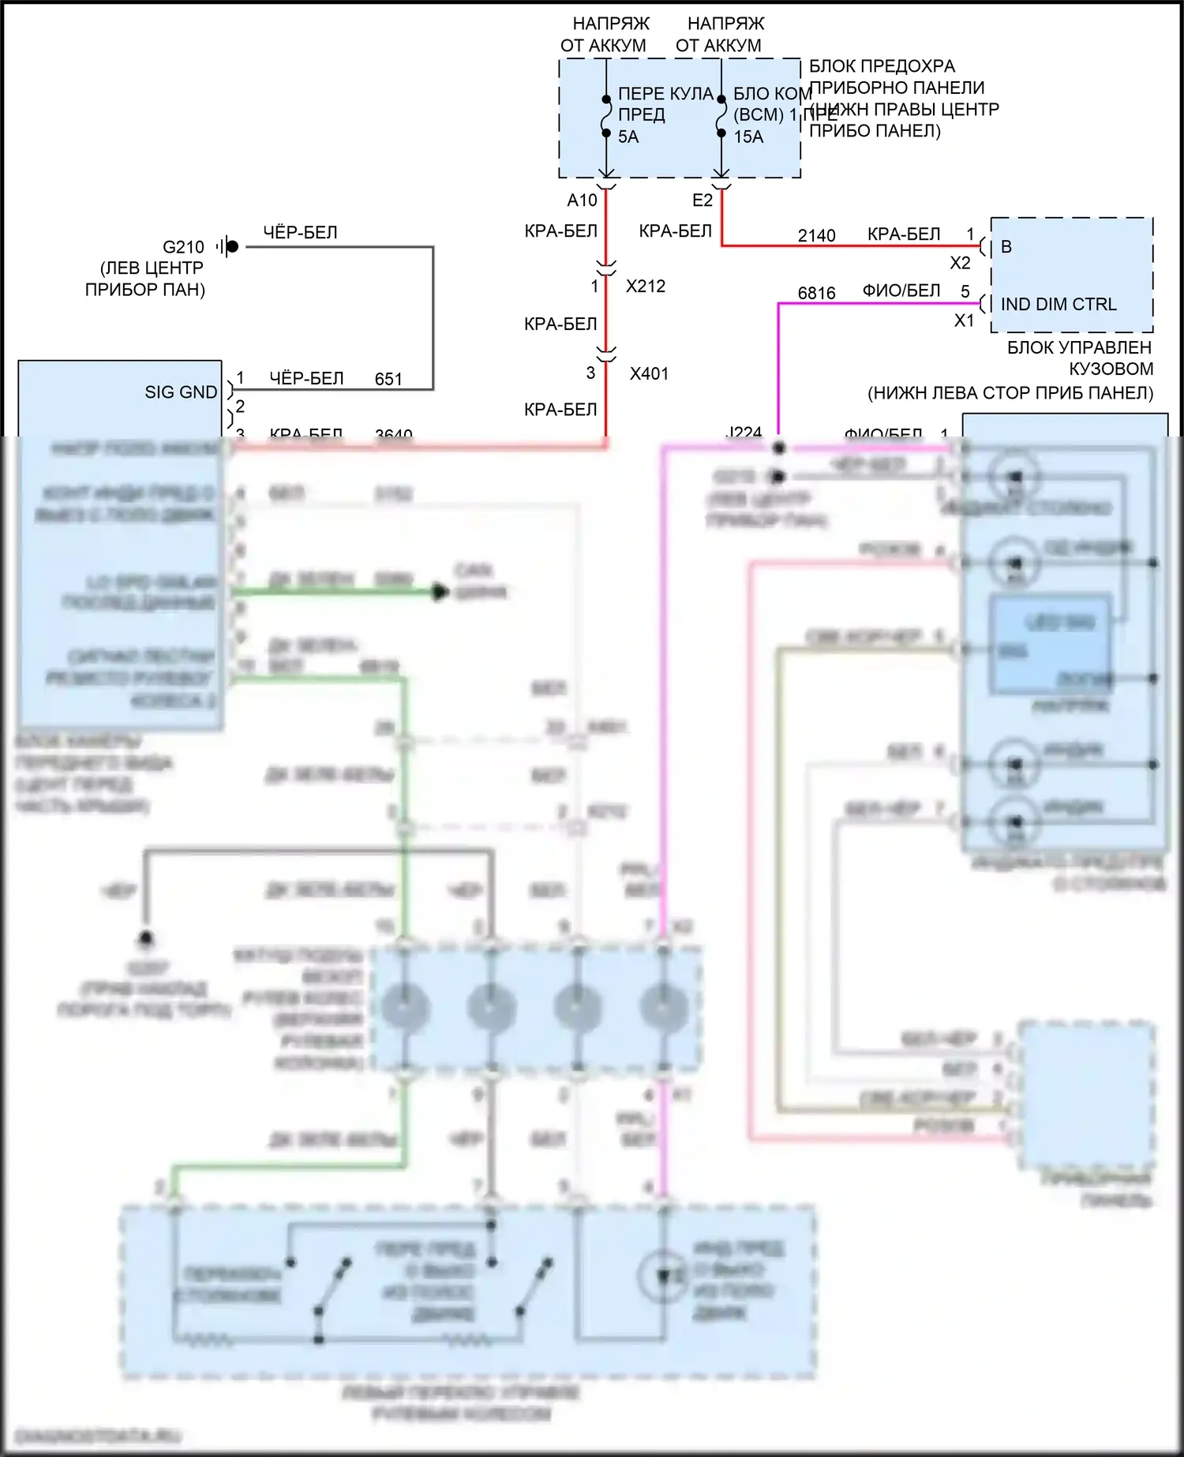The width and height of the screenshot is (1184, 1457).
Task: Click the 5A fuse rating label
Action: [x=628, y=137]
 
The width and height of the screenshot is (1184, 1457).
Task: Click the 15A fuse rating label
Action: [x=748, y=137]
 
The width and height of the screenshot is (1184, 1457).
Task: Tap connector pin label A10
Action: [x=582, y=200]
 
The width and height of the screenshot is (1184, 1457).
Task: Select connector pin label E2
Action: [x=702, y=200]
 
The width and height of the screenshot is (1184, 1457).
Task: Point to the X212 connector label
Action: [x=646, y=287]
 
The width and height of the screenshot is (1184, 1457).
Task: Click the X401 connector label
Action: [x=649, y=374]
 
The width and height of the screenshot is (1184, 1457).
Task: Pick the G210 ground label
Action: [x=183, y=247]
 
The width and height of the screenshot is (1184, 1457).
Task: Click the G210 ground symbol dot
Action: [x=232, y=246]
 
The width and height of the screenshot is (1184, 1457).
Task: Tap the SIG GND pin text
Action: [x=181, y=392]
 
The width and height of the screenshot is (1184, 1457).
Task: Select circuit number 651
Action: [x=388, y=380]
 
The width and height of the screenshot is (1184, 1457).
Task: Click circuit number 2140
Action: [x=816, y=236]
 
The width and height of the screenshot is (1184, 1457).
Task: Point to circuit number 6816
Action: [x=816, y=294]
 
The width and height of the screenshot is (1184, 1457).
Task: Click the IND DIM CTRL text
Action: [x=1058, y=305]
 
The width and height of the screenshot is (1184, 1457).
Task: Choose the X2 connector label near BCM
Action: [x=960, y=263]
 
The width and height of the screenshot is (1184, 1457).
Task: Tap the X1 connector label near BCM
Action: [x=964, y=320]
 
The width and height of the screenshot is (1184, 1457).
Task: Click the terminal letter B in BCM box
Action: [x=1006, y=247]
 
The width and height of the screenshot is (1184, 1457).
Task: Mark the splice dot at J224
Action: [x=779, y=448]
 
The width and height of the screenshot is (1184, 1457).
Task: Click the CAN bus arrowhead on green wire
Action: [x=440, y=591]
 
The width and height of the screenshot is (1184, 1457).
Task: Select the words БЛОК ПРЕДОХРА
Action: [x=882, y=66]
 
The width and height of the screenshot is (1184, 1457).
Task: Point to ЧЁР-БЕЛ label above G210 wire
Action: [x=300, y=233]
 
